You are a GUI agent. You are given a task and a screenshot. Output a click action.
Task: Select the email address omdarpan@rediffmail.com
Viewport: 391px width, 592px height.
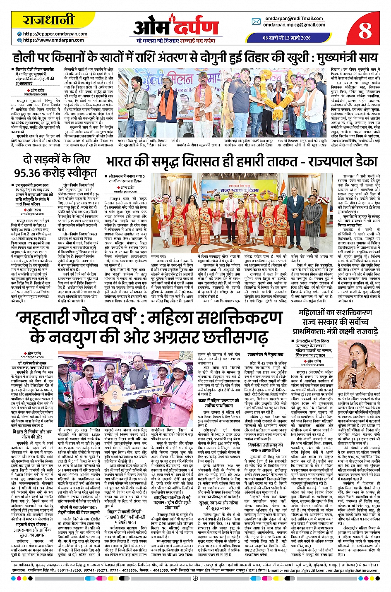point(294,19)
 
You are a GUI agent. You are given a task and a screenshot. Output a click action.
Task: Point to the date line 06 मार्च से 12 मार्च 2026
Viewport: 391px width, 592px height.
point(286,38)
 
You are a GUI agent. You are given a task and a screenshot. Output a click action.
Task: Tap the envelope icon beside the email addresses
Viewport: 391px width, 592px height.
point(256,22)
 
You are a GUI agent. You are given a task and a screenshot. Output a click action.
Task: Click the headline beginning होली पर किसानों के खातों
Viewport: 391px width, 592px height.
point(195,57)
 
